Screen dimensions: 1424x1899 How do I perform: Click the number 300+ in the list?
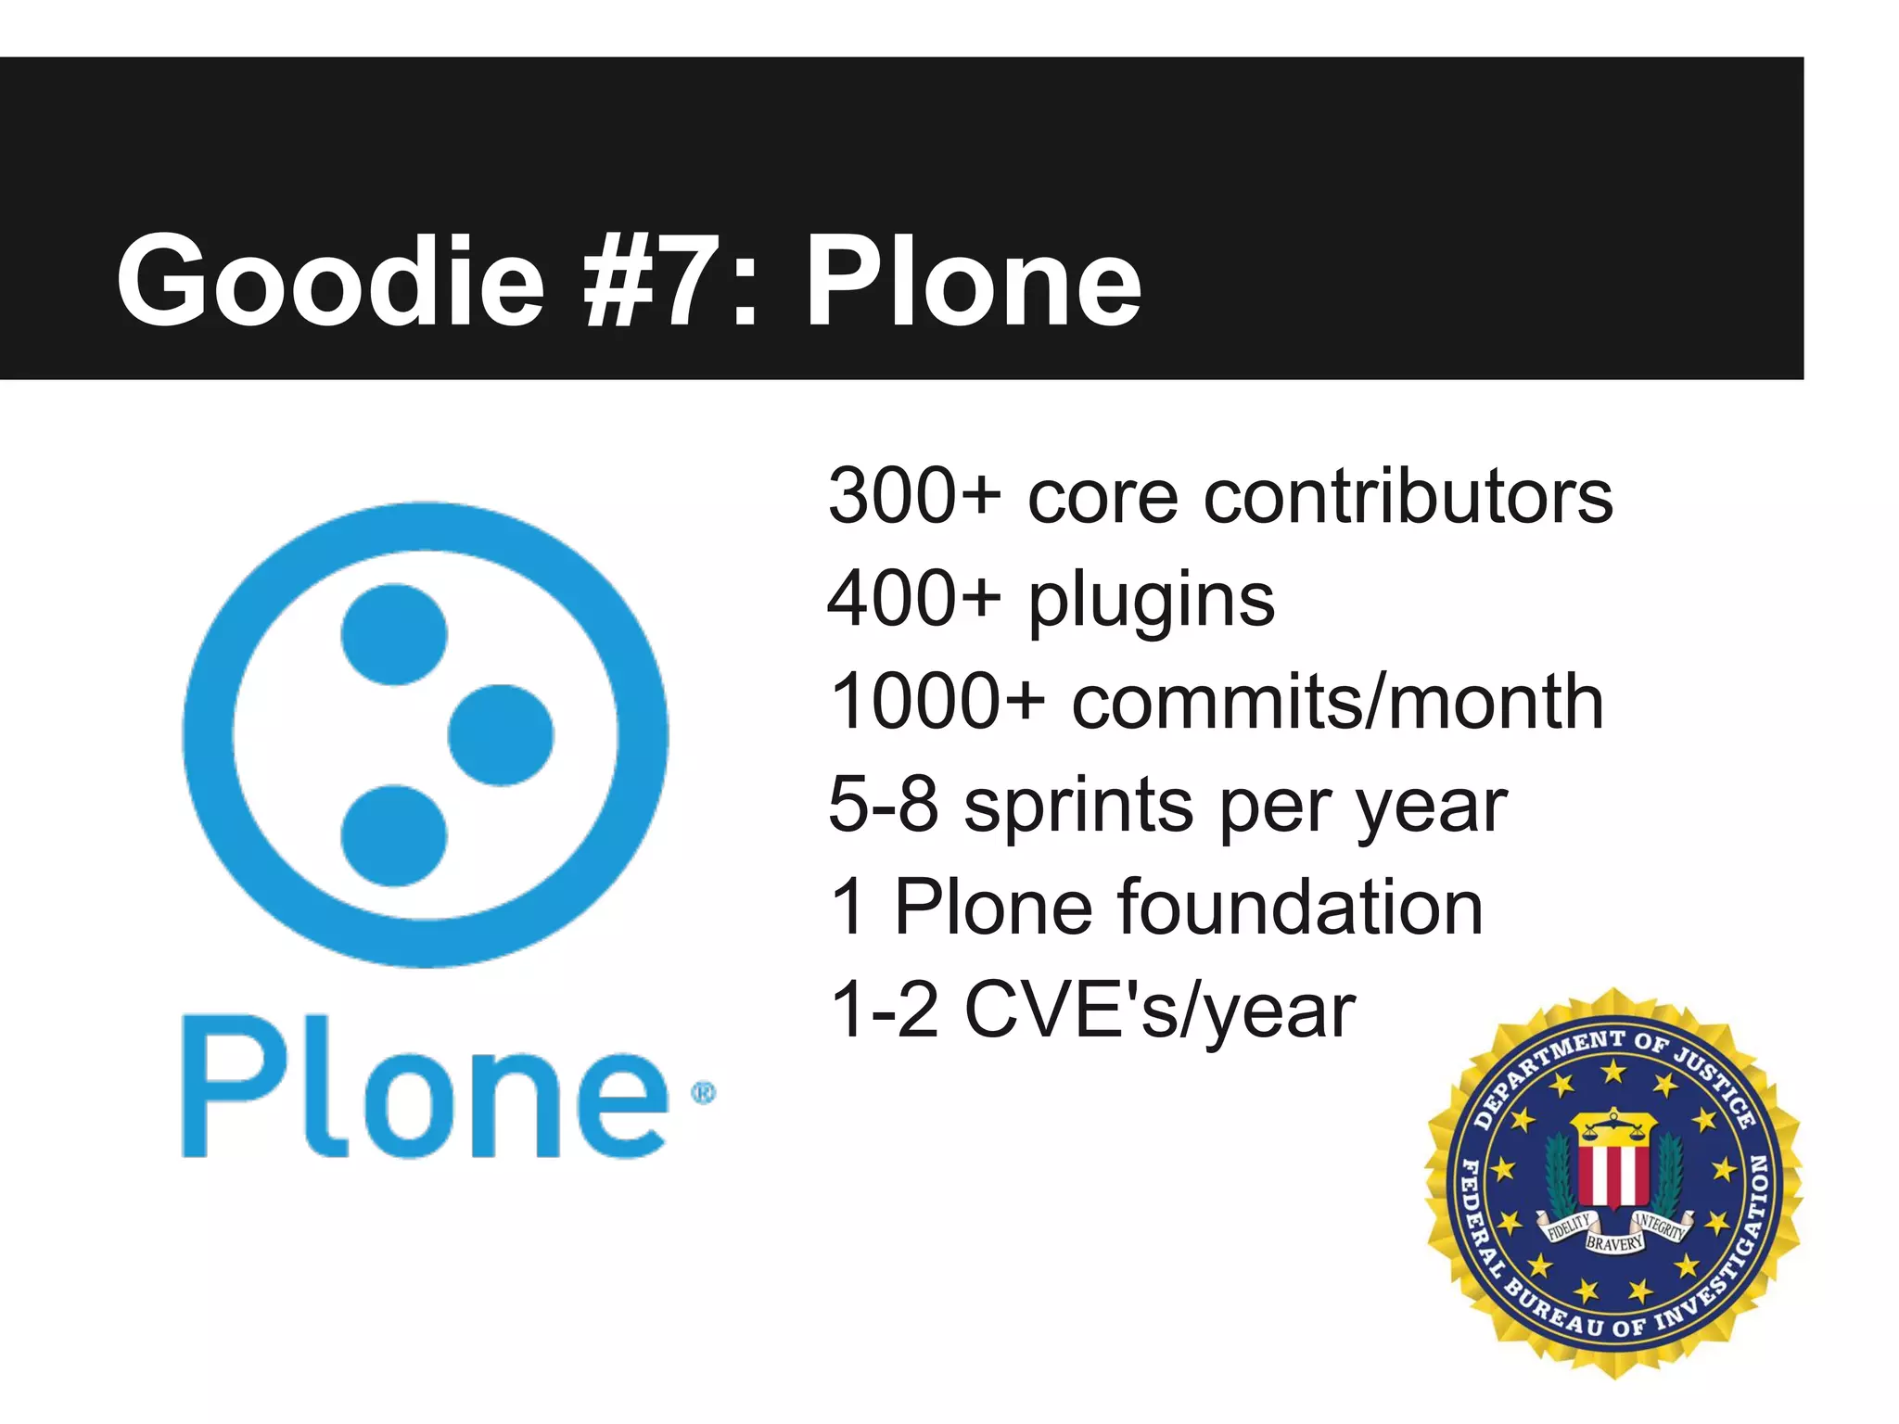point(914,497)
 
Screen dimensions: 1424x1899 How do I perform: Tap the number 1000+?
point(937,703)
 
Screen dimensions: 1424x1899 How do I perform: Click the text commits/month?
point(1337,703)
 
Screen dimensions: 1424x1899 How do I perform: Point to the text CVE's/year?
point(1160,1011)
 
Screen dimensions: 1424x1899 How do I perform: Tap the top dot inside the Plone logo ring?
point(394,635)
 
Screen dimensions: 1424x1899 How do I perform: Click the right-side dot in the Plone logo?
point(501,735)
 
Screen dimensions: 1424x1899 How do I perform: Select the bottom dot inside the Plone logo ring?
point(394,835)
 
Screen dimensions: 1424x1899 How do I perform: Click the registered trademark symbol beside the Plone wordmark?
point(704,1094)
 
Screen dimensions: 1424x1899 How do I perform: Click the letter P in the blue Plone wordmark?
point(227,1086)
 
